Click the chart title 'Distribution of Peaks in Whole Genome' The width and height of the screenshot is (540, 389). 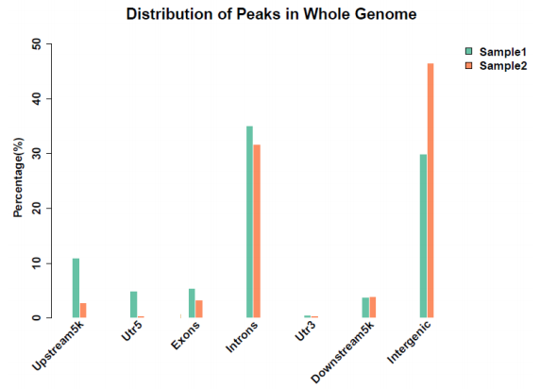pyautogui.click(x=271, y=14)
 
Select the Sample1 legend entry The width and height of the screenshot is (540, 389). pyautogui.click(x=496, y=52)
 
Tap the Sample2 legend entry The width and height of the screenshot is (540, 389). pyautogui.click(x=496, y=65)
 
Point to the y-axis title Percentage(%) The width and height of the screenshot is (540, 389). pyautogui.click(x=19, y=178)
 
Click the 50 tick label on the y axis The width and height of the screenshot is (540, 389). pyautogui.click(x=37, y=44)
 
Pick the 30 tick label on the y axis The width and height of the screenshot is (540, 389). pyautogui.click(x=37, y=154)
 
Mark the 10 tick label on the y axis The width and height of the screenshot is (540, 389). pyautogui.click(x=37, y=263)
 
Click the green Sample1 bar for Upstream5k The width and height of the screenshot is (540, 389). pyautogui.click(x=76, y=288)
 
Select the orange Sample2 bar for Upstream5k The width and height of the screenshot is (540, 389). pyautogui.click(x=83, y=310)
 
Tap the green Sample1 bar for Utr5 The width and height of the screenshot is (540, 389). pyautogui.click(x=134, y=304)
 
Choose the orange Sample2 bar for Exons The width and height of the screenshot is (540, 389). pyautogui.click(x=199, y=309)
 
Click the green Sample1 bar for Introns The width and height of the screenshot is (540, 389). pyautogui.click(x=249, y=222)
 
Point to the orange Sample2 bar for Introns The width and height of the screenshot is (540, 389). pyautogui.click(x=257, y=230)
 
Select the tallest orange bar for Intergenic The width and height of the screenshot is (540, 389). pyautogui.click(x=430, y=191)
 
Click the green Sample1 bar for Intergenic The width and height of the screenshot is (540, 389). pyautogui.click(x=423, y=236)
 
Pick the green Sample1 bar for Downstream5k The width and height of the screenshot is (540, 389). pyautogui.click(x=365, y=308)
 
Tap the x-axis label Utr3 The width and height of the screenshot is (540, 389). pyautogui.click(x=305, y=331)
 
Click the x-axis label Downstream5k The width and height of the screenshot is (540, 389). pyautogui.click(x=342, y=352)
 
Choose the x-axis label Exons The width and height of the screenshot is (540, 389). pyautogui.click(x=185, y=335)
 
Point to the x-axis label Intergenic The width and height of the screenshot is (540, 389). pyautogui.click(x=409, y=342)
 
